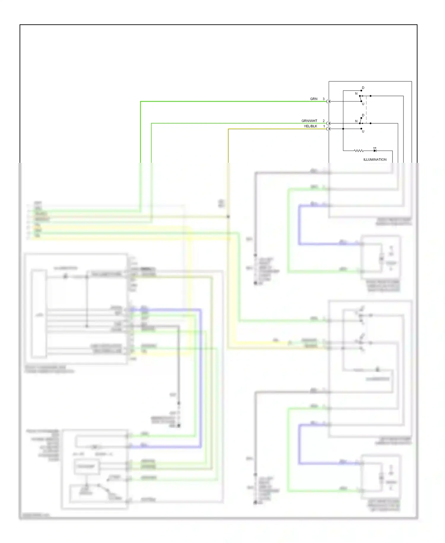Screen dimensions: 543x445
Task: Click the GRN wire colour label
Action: pyautogui.click(x=314, y=99)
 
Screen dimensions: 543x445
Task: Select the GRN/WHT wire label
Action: pyautogui.click(x=309, y=121)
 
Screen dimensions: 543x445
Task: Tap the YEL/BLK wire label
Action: pyautogui.click(x=310, y=126)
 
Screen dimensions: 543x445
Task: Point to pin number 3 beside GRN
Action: pyautogui.click(x=324, y=99)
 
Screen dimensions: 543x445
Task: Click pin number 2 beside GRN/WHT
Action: pyautogui.click(x=324, y=121)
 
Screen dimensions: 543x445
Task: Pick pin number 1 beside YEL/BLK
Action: pyautogui.click(x=324, y=126)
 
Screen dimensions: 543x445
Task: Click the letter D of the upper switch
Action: pyautogui.click(x=363, y=88)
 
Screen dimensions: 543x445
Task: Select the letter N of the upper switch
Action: pyautogui.click(x=356, y=94)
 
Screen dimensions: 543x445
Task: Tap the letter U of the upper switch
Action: pyautogui.click(x=363, y=104)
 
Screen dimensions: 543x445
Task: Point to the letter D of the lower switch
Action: pyautogui.click(x=363, y=115)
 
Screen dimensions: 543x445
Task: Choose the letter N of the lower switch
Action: pyautogui.click(x=356, y=121)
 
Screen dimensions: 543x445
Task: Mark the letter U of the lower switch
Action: pyautogui.click(x=363, y=131)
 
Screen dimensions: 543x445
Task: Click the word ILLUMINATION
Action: pyautogui.click(x=375, y=160)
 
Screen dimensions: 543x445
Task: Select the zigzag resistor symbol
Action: pyautogui.click(x=359, y=151)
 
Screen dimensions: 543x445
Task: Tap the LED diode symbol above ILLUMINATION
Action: pyautogui.click(x=375, y=150)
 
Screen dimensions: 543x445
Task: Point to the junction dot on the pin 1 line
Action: pyautogui.click(x=343, y=129)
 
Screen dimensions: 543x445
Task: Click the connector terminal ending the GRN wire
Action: pyautogui.click(x=328, y=101)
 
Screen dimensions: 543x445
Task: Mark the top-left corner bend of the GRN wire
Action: pyautogui.click(x=141, y=102)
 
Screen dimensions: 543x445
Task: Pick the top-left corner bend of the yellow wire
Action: pyautogui.click(x=228, y=129)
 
